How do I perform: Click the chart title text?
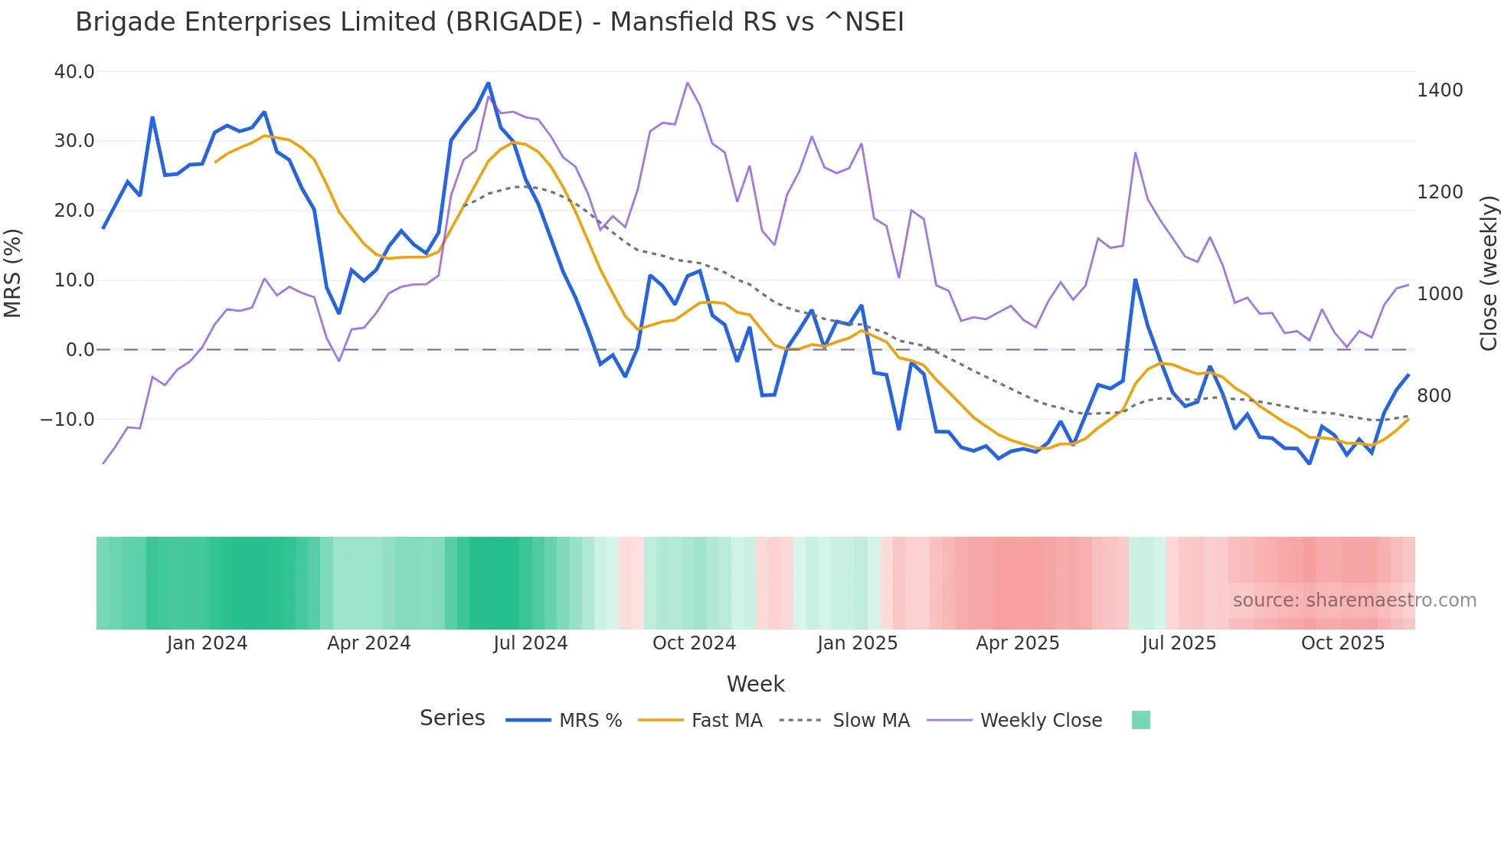489,22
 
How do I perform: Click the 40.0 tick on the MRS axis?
74,72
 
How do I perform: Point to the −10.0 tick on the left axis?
67,420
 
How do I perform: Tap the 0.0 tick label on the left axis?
80,350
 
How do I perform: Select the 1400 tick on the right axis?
1440,90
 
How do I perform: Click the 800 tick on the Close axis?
1434,396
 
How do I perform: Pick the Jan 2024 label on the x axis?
207,643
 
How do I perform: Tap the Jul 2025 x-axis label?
1179,643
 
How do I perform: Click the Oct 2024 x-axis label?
694,643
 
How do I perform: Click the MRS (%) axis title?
13,273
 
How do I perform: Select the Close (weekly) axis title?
1488,273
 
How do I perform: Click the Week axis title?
755,684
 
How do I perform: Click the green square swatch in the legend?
1140,720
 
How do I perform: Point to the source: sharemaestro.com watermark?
1354,600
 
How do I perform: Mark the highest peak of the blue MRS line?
488,83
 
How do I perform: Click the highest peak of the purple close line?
687,83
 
